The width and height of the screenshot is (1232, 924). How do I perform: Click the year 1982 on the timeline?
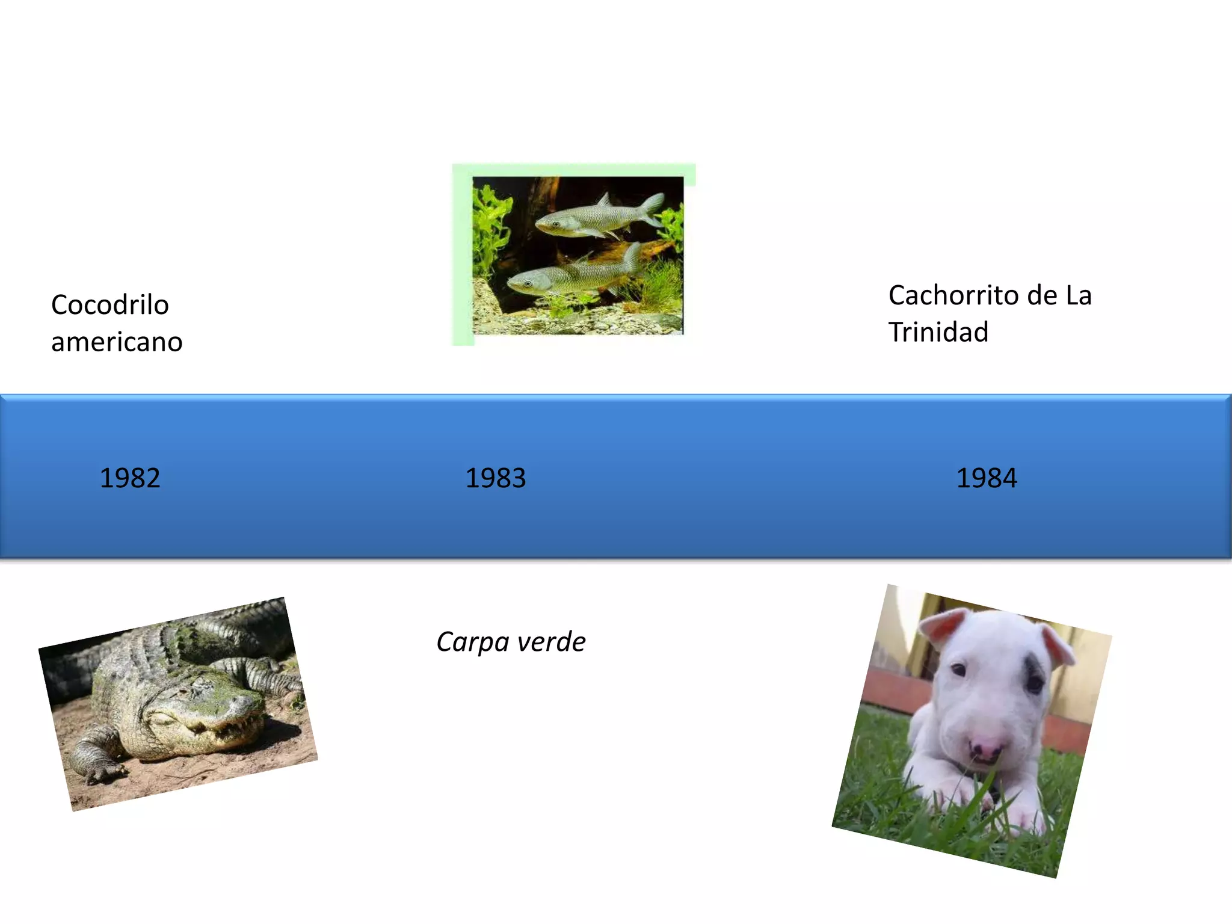coord(130,478)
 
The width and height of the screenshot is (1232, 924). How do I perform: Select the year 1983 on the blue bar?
coord(496,478)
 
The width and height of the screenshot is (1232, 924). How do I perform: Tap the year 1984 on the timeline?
coord(987,478)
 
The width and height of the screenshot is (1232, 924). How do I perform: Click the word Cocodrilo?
coord(110,305)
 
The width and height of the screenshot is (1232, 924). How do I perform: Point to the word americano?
coord(117,342)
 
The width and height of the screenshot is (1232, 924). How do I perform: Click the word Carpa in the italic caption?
coord(472,642)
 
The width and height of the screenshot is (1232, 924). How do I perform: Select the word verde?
coord(552,642)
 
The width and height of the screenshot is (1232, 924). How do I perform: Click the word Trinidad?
coord(938,332)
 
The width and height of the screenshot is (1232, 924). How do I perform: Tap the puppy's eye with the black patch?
coord(1035,683)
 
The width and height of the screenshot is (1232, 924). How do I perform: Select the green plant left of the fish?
coord(490,229)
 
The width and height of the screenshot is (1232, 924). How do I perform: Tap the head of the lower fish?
coord(523,283)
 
